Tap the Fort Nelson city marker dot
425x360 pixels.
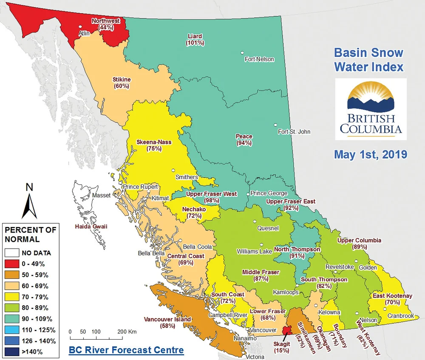(x=242, y=53)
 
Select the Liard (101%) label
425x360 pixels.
(x=195, y=40)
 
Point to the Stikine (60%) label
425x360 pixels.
(x=121, y=82)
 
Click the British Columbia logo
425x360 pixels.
(x=371, y=109)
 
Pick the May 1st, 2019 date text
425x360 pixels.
(x=371, y=154)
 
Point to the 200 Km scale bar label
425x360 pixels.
(x=126, y=331)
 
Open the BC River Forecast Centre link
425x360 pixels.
(x=126, y=350)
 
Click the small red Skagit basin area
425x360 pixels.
(x=286, y=330)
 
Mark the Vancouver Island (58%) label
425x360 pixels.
(x=167, y=323)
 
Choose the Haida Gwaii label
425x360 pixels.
(x=91, y=227)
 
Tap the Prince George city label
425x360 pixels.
(x=269, y=193)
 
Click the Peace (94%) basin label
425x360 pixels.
(x=244, y=140)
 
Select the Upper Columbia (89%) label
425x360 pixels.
(x=359, y=243)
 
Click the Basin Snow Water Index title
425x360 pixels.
(x=368, y=60)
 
